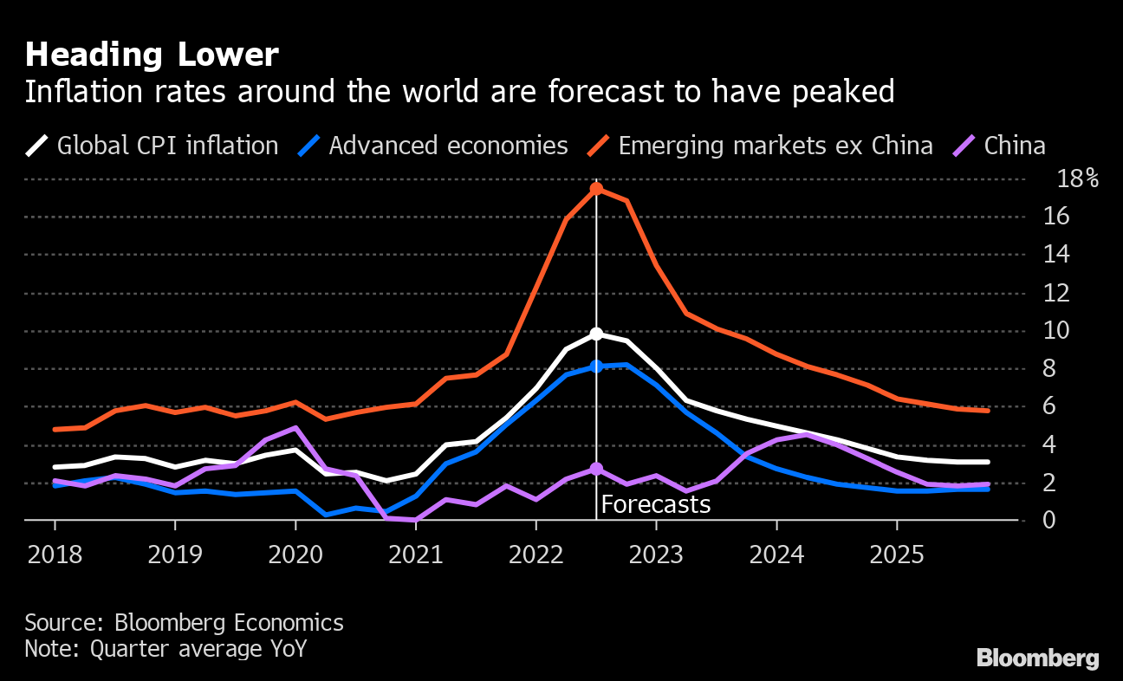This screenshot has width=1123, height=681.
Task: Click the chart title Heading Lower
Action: [152, 55]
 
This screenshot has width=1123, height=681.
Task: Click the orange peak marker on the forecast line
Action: [596, 188]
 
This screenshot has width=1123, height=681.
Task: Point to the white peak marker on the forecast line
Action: [596, 334]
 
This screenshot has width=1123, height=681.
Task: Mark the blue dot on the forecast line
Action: [596, 366]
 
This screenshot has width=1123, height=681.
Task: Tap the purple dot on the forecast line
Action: [596, 469]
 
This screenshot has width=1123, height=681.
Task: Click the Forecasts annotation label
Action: [655, 504]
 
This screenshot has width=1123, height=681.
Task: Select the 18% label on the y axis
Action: [1077, 179]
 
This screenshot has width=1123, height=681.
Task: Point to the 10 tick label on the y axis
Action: [1072, 331]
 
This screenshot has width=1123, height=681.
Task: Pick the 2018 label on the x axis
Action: [55, 555]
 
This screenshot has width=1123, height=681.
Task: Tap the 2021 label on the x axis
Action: [415, 555]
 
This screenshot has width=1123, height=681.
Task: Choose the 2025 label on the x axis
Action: [896, 555]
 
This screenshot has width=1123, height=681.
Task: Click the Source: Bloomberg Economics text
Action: [184, 623]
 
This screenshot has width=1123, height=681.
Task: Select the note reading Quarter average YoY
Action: [166, 649]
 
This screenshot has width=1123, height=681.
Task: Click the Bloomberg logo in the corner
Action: [1037, 658]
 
